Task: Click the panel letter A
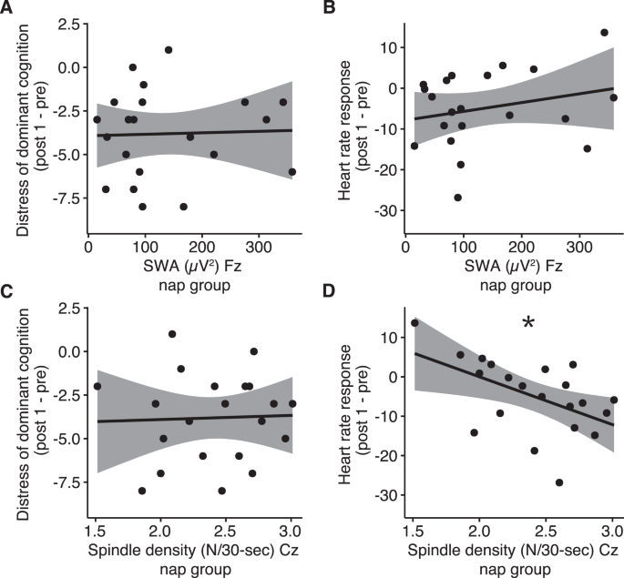[8, 9]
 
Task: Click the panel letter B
[322, 9]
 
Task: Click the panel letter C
[8, 293]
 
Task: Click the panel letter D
[322, 293]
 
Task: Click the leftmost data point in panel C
[97, 386]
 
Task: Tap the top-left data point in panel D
[414, 323]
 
